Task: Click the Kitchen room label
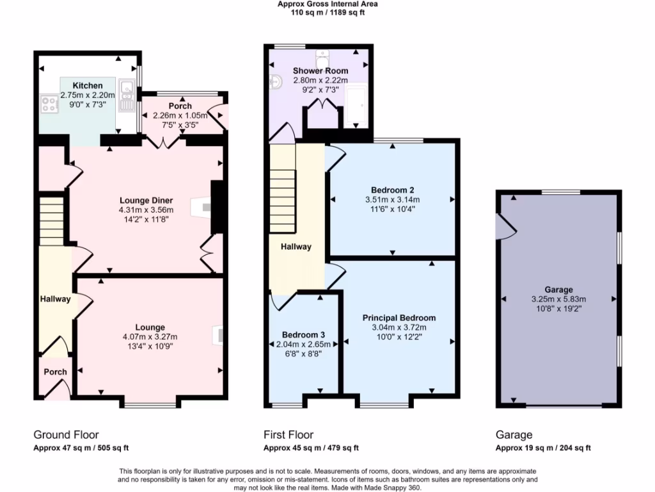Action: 87,86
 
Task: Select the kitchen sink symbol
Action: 125,93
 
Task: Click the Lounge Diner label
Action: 146,201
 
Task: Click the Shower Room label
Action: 320,70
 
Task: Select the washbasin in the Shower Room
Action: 276,81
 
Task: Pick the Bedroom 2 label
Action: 392,190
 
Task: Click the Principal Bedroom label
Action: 399,318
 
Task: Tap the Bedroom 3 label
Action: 304,335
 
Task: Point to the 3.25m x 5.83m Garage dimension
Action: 558,299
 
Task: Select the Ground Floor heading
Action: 66,435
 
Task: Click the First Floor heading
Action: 288,435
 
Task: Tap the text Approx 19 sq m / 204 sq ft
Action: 543,448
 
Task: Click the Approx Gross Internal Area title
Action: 327,4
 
